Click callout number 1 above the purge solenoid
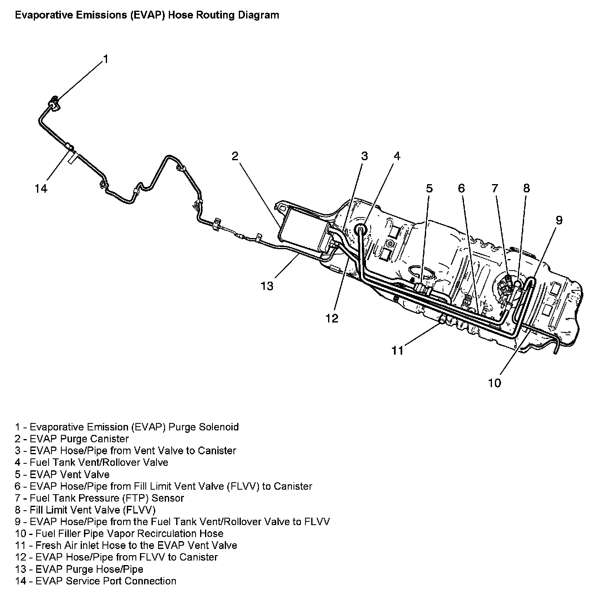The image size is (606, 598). pos(106,59)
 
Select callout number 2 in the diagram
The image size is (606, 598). pos(235,156)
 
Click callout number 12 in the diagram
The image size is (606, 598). pos(332,318)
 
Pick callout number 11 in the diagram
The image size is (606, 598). pos(397,350)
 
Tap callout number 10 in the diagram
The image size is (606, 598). pos(494,383)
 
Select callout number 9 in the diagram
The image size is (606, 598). pos(559,220)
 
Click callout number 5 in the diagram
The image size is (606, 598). pos(429,189)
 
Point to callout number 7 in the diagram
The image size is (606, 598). pos(494,189)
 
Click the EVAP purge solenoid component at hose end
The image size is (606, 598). pos(54,103)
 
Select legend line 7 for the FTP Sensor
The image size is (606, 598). pos(99,498)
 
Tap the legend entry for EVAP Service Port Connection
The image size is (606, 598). pos(96,581)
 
